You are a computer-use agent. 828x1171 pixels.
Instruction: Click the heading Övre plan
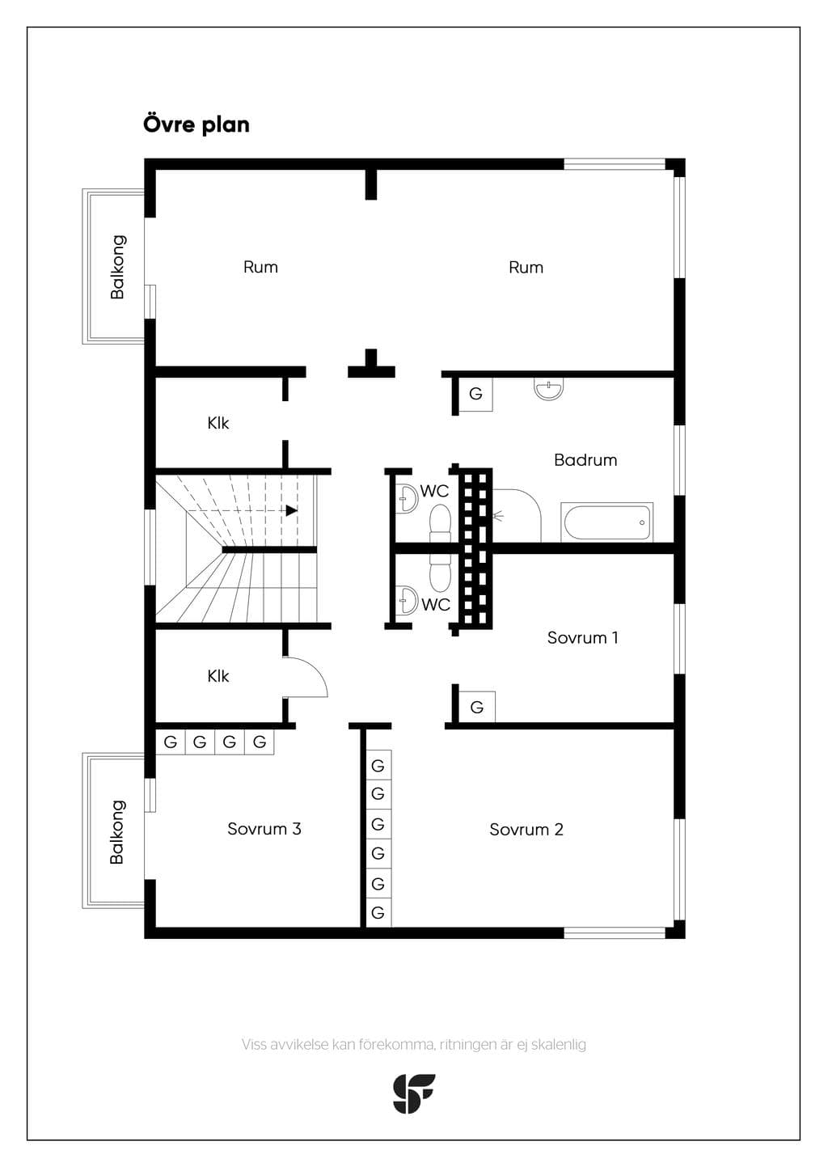(196, 125)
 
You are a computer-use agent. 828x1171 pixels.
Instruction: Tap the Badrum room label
(585, 460)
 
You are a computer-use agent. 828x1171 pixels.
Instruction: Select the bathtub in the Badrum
(607, 522)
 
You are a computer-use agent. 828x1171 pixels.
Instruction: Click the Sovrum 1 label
(582, 637)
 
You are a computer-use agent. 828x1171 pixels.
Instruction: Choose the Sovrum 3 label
(264, 829)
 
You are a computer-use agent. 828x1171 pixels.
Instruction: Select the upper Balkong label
(118, 267)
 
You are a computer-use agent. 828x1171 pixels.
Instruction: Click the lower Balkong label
(117, 831)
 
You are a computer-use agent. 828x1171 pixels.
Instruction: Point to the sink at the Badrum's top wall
(549, 389)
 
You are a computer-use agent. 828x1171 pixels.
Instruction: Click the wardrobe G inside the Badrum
(475, 394)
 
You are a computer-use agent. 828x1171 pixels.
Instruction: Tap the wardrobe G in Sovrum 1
(477, 708)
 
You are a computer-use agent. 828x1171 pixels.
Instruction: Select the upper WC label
(434, 491)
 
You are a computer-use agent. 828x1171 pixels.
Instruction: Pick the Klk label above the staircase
(218, 423)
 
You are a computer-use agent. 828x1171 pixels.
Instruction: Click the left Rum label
(260, 267)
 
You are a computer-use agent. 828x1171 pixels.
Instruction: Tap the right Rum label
(526, 268)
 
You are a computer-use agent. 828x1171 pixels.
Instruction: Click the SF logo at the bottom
(414, 1093)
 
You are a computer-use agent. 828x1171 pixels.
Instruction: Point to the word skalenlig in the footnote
(559, 1045)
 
